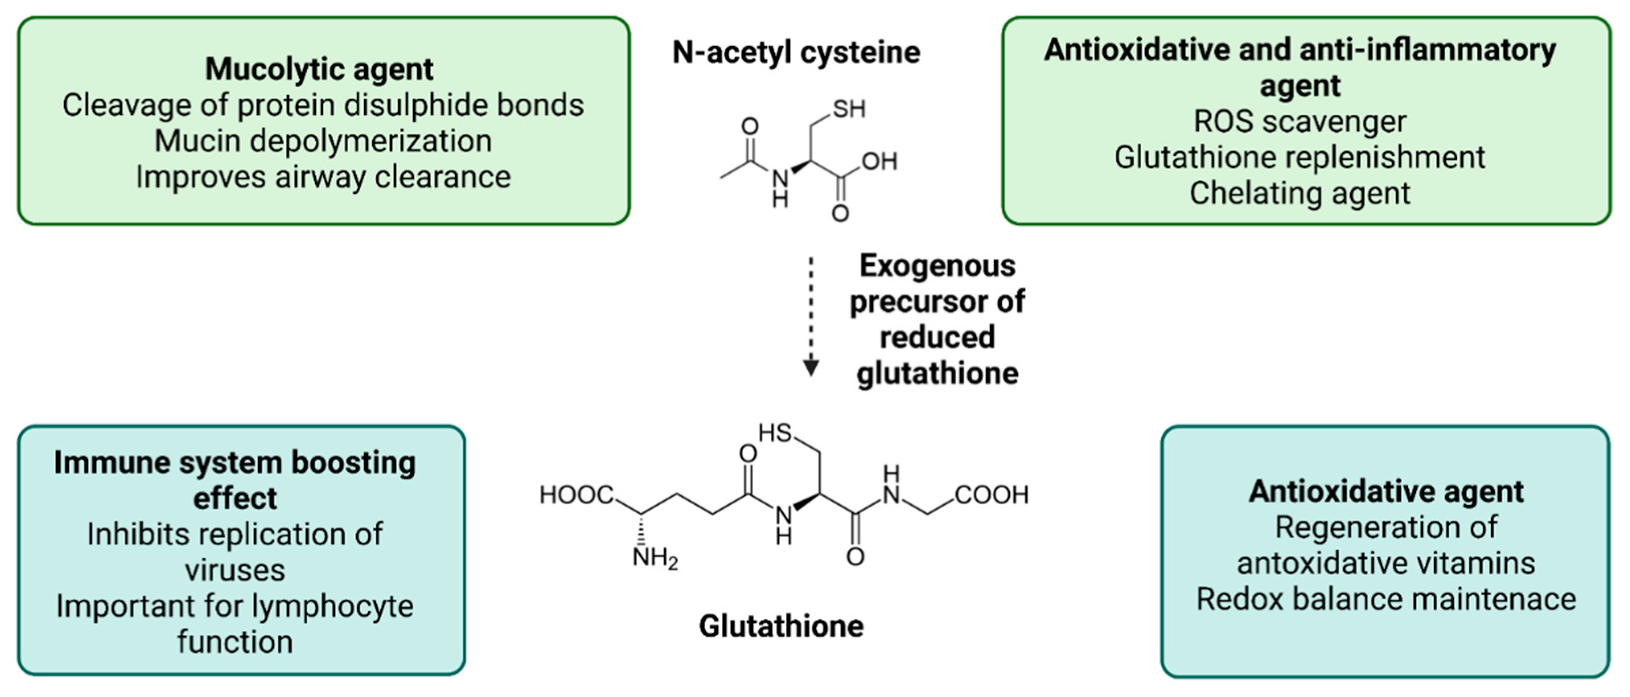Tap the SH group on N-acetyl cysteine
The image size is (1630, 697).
pyautogui.click(x=848, y=109)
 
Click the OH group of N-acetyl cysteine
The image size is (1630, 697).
pyautogui.click(x=879, y=161)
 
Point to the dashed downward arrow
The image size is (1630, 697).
pyautogui.click(x=811, y=316)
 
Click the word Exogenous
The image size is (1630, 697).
pyautogui.click(x=937, y=266)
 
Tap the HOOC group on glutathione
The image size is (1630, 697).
pyautogui.click(x=576, y=495)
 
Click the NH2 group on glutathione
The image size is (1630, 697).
pyautogui.click(x=655, y=559)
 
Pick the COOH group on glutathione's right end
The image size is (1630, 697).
pyautogui.click(x=991, y=495)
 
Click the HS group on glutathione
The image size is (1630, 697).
pyautogui.click(x=775, y=433)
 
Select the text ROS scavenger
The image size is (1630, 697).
pyautogui.click(x=1300, y=121)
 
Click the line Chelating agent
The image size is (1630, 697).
pyautogui.click(x=1300, y=193)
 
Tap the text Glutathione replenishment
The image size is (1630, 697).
pyautogui.click(x=1300, y=157)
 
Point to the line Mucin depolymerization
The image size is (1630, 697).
pyautogui.click(x=323, y=140)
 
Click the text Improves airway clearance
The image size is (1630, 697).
pyautogui.click(x=323, y=177)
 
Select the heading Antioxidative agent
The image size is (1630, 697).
pyautogui.click(x=1386, y=492)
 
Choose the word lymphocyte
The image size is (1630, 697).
pyautogui.click(x=333, y=606)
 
